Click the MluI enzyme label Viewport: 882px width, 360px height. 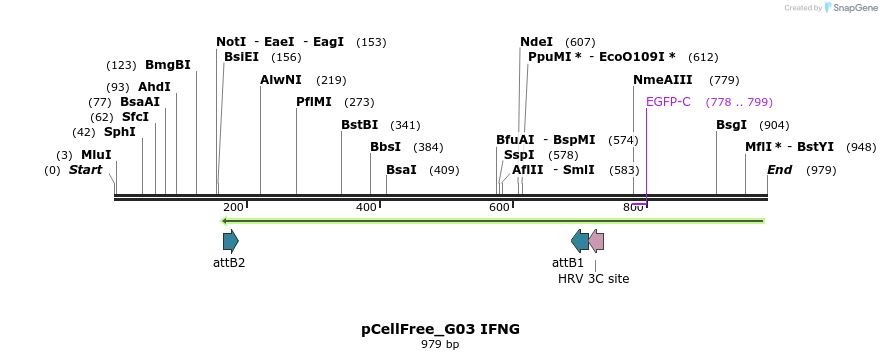click(96, 155)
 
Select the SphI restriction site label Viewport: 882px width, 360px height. click(119, 132)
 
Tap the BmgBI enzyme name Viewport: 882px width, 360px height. click(167, 66)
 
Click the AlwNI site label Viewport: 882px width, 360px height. click(281, 80)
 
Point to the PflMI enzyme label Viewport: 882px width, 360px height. click(314, 102)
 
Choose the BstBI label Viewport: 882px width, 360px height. click(359, 125)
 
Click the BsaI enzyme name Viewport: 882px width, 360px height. click(401, 170)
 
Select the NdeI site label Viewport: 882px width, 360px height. click(536, 42)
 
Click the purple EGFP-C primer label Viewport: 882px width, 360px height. click(668, 102)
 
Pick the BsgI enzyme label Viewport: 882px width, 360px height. click(731, 125)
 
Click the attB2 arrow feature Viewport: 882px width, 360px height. click(230, 240)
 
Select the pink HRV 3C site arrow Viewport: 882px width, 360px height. click(596, 240)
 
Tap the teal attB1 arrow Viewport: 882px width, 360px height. click(580, 240)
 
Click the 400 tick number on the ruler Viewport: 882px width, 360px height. click(366, 207)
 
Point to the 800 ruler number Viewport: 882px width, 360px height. click(632, 207)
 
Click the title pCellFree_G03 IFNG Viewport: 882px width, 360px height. click(440, 329)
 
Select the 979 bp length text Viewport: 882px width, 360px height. click(440, 345)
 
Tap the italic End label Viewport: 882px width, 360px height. click(779, 170)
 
